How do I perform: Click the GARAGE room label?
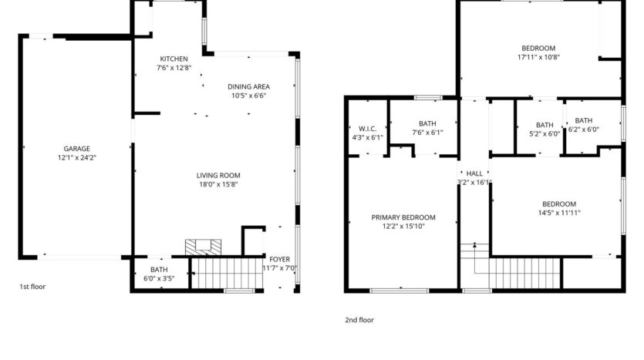77,149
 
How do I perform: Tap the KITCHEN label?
174,59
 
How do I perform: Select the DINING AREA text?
248,86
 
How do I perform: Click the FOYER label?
278,259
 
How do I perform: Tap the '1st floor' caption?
32,287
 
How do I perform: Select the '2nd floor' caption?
359,319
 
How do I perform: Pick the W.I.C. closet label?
367,129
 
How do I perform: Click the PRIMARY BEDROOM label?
403,217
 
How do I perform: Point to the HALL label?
474,173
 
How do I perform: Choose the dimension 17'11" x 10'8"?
538,56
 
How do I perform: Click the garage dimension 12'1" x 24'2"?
77,157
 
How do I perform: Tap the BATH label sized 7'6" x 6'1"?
427,123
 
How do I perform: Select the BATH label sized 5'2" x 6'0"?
545,125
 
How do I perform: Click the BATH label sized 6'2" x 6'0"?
583,120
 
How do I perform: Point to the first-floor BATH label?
159,269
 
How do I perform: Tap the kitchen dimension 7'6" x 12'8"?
174,68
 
